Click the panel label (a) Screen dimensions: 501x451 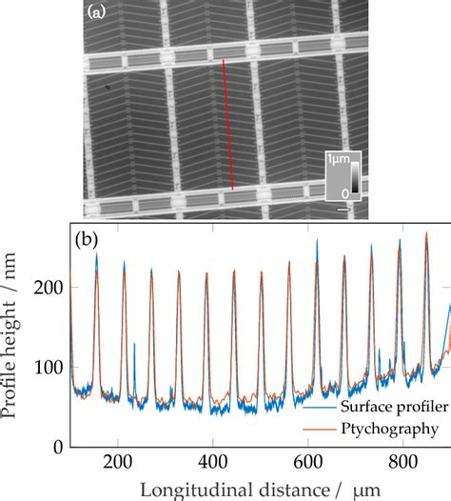tap(96, 13)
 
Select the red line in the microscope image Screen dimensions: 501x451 tap(228, 124)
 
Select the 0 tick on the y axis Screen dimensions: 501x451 tap(59, 446)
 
